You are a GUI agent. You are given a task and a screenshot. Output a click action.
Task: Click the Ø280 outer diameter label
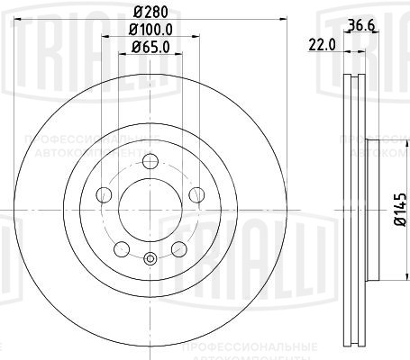tap(151, 13)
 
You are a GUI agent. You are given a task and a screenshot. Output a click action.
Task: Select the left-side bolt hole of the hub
tap(105, 196)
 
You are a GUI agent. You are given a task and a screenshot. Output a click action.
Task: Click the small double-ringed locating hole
tap(150, 262)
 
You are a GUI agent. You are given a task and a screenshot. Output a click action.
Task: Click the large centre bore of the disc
tap(150, 213)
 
